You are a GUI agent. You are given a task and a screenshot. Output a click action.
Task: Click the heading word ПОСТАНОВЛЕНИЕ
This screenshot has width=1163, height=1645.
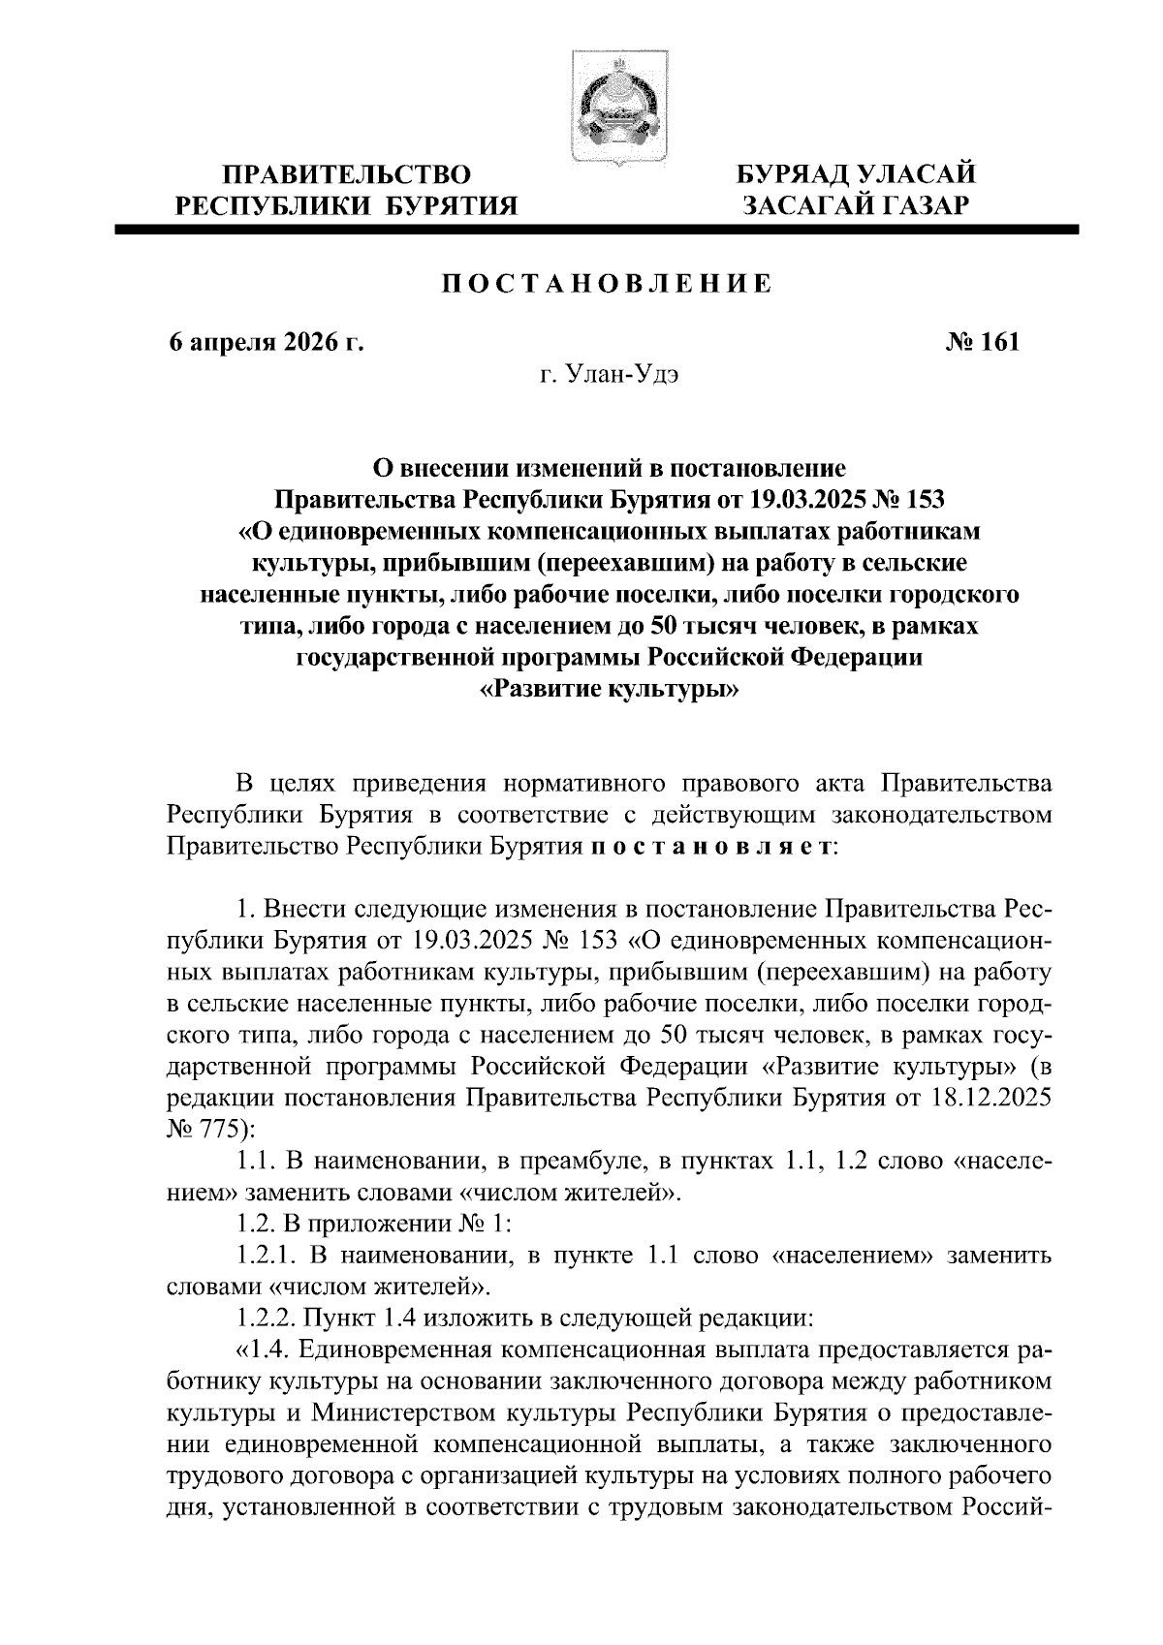(608, 284)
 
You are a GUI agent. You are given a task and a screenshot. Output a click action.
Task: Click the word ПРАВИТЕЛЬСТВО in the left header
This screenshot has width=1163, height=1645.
(347, 175)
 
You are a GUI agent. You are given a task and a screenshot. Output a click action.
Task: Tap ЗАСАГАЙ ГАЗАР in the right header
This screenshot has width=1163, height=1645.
(855, 204)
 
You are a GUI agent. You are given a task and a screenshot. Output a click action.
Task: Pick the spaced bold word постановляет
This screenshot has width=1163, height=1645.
(708, 846)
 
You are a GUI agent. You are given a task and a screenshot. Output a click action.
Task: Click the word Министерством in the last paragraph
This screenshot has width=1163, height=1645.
(464, 1412)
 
